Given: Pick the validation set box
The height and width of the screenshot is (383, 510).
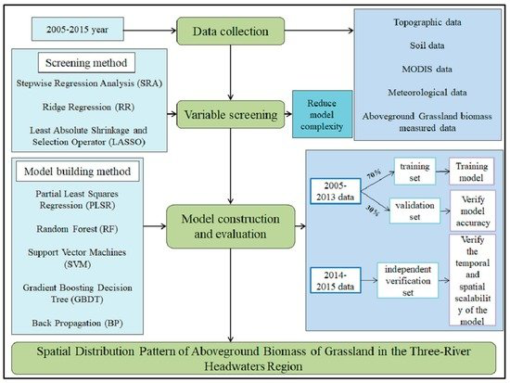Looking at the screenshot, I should (409, 210).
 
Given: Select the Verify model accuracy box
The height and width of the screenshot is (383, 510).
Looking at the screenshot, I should (474, 211).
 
